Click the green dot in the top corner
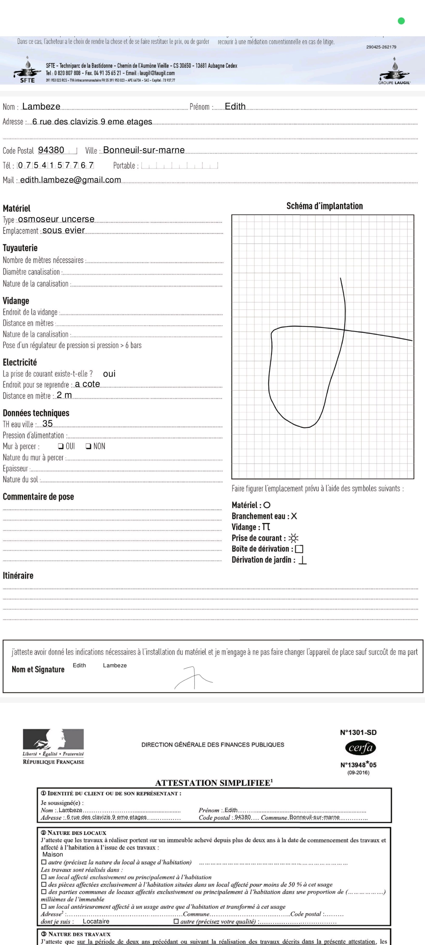(401, 21)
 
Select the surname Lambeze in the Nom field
(41, 107)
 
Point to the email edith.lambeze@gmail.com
(70, 180)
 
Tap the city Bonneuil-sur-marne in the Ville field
(144, 150)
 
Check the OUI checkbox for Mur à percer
(61, 446)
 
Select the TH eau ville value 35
(48, 424)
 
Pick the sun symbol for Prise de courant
(293, 538)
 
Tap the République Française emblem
(53, 739)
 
